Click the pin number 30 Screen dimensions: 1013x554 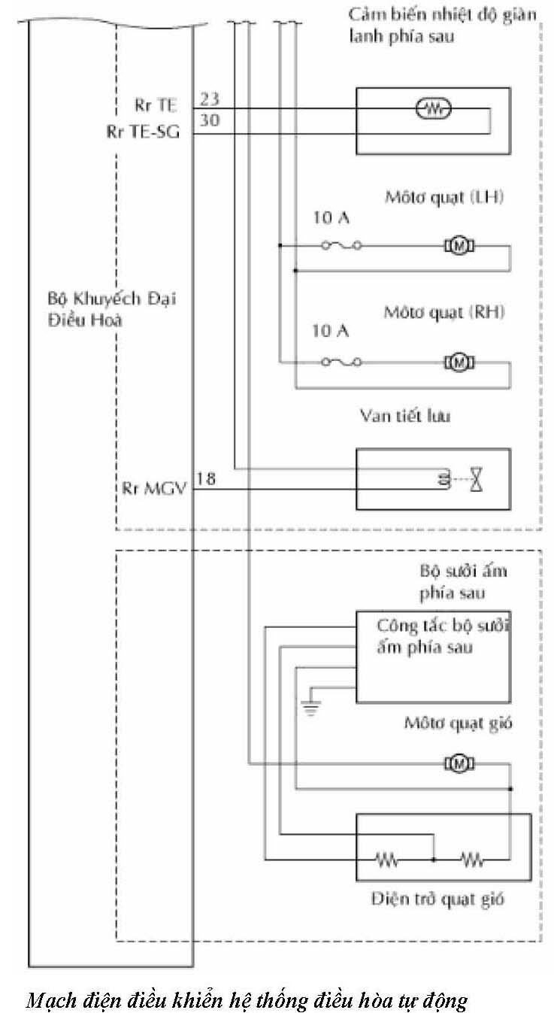[210, 119]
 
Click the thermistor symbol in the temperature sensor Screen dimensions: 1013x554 [433, 110]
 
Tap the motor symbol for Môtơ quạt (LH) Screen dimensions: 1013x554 [456, 244]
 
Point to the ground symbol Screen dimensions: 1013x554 [309, 705]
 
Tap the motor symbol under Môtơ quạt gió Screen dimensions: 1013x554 [456, 764]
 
